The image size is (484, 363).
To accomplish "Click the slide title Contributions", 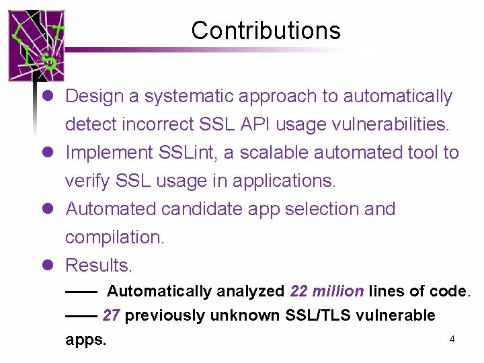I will (266, 30).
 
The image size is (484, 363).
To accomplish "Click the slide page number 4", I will (452, 339).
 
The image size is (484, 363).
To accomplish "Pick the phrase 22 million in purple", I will (327, 291).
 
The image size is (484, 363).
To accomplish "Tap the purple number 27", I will (112, 315).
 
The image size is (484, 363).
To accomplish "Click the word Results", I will (98, 266).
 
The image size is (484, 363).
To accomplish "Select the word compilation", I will (114, 237).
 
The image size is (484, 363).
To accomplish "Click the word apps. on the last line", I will (85, 339).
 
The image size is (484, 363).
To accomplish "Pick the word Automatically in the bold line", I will (159, 291).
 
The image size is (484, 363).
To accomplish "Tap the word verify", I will (88, 181).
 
